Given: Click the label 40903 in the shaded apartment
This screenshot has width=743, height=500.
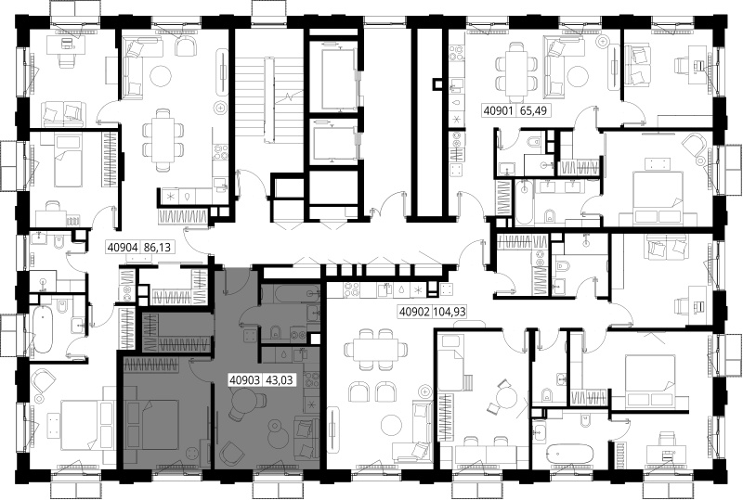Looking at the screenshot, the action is (244, 379).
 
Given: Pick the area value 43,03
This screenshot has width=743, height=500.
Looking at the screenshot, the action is (280, 379).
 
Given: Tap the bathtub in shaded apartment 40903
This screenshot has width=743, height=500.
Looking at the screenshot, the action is (286, 294).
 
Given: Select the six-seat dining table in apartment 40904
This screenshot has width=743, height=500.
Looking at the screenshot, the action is (163, 140).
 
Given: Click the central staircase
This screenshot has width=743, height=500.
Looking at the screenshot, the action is (268, 100).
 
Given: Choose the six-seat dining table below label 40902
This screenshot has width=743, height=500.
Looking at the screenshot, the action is (377, 351).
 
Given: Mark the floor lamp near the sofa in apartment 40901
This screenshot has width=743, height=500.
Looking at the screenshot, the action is (603, 42).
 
